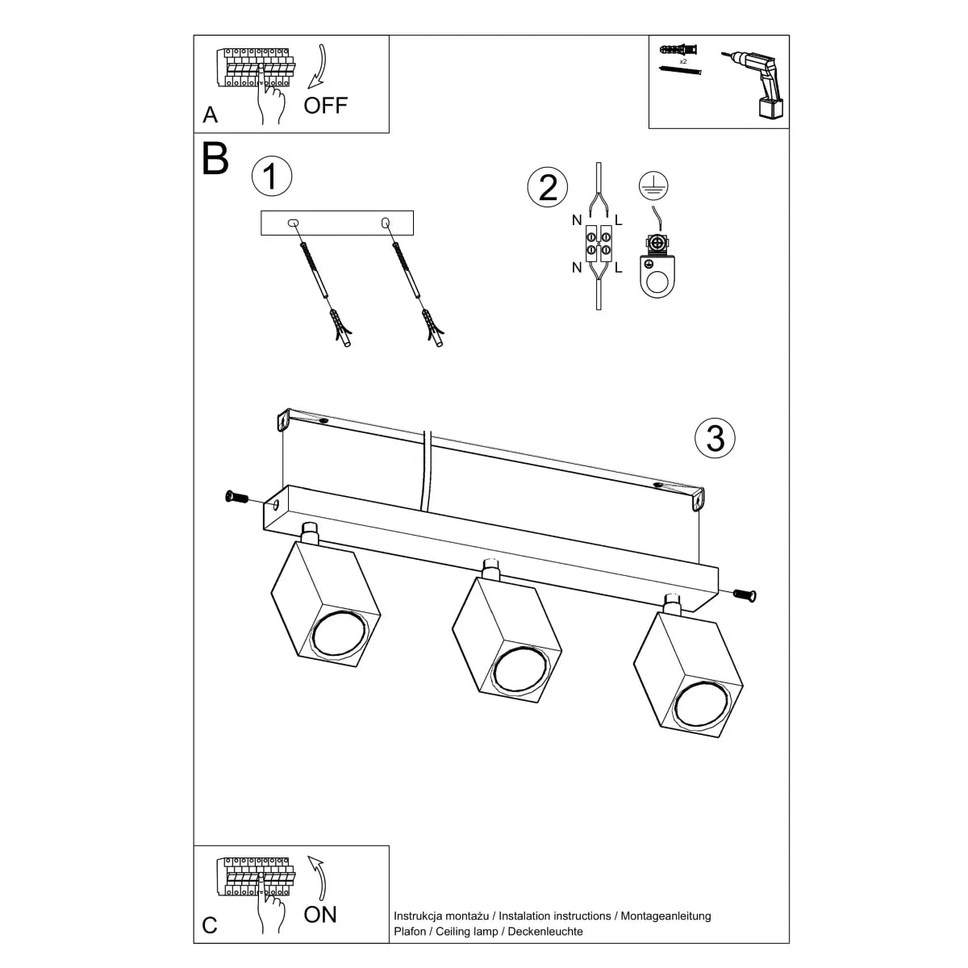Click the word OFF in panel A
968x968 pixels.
click(x=326, y=105)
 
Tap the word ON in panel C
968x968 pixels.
click(x=320, y=914)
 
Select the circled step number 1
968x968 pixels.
click(x=271, y=177)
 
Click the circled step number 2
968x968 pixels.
click(x=548, y=187)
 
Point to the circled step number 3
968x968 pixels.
click(x=715, y=438)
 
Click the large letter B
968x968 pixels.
click(x=215, y=159)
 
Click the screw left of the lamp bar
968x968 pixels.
click(x=237, y=497)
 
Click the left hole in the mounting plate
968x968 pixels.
click(x=292, y=222)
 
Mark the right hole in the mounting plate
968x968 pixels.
click(x=385, y=222)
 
